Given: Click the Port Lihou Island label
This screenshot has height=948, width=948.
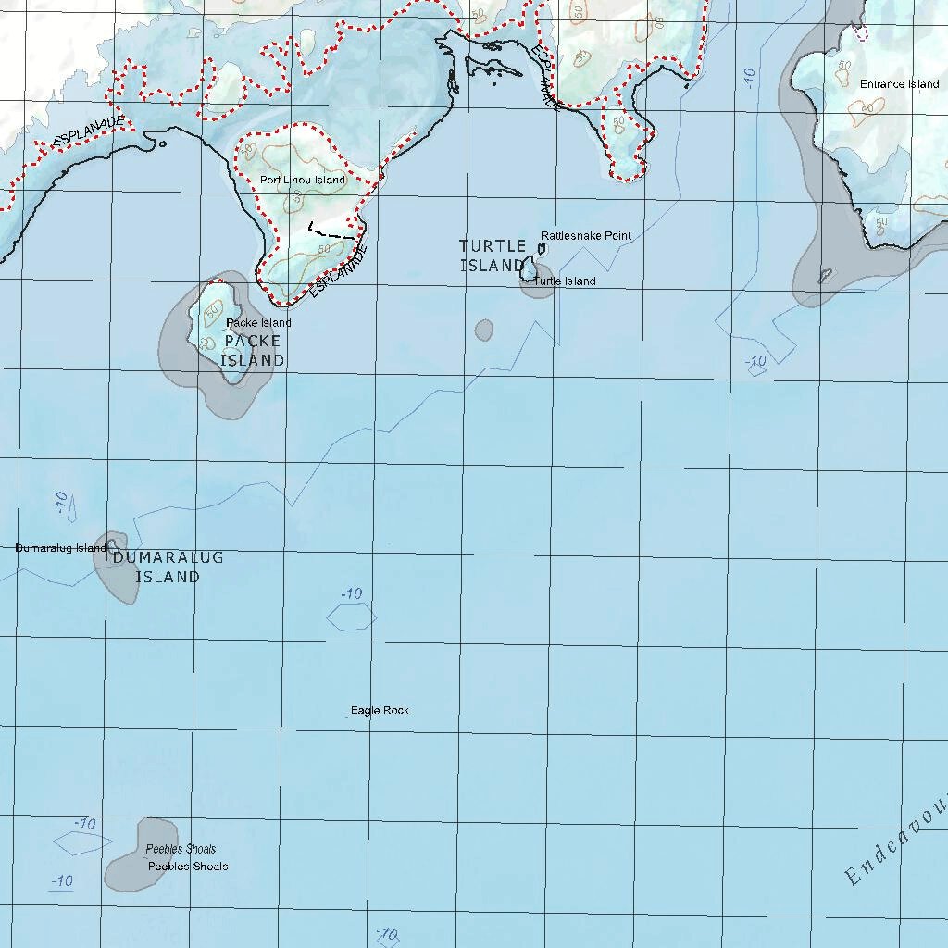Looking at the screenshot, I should (302, 180).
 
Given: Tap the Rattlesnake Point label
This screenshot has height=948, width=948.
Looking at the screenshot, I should (586, 236).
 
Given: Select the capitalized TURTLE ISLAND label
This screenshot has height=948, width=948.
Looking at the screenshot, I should (493, 256).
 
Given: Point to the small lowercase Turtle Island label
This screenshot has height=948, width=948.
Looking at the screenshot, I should (565, 281).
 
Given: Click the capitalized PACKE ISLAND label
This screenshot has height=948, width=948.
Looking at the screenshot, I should (252, 351).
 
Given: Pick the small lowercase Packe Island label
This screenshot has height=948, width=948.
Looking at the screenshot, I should (259, 323).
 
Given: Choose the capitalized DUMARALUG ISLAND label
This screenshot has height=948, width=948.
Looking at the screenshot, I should (168, 568).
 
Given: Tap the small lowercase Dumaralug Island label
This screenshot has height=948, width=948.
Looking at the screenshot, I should (61, 548).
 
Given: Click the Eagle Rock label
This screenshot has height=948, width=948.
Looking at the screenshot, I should (380, 710).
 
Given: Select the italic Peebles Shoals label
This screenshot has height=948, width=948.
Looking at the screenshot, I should (181, 849).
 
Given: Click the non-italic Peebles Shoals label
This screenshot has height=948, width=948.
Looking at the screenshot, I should (188, 867).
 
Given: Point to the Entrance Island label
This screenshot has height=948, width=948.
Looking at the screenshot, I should (899, 84).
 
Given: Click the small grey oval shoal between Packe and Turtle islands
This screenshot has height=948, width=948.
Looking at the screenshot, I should (483, 330).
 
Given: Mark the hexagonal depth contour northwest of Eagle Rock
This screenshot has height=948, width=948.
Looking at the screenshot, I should (351, 617).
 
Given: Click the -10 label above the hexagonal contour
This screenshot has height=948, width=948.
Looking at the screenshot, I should (352, 594).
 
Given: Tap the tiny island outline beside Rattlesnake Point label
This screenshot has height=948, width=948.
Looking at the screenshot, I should (543, 249).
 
